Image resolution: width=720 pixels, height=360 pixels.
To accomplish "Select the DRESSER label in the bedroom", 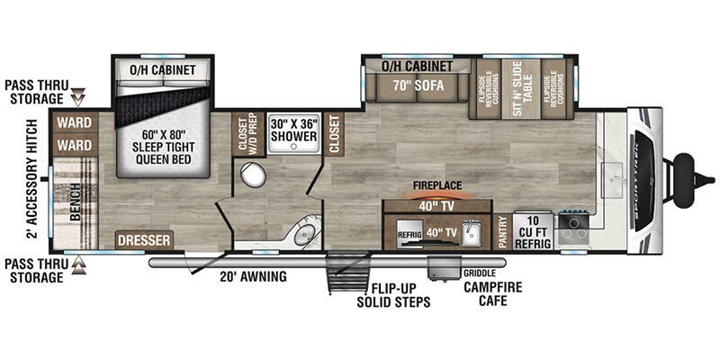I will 144,240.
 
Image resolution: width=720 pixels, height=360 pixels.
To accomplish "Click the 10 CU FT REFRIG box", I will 532,230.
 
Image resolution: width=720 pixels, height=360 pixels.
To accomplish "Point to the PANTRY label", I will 502,230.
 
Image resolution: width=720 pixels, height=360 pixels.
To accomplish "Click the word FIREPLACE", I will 436,185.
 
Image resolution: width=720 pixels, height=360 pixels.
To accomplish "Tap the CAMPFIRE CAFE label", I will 493,293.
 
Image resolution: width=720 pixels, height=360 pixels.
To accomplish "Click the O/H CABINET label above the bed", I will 163,70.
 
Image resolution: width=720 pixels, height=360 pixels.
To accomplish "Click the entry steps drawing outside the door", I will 346,274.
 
